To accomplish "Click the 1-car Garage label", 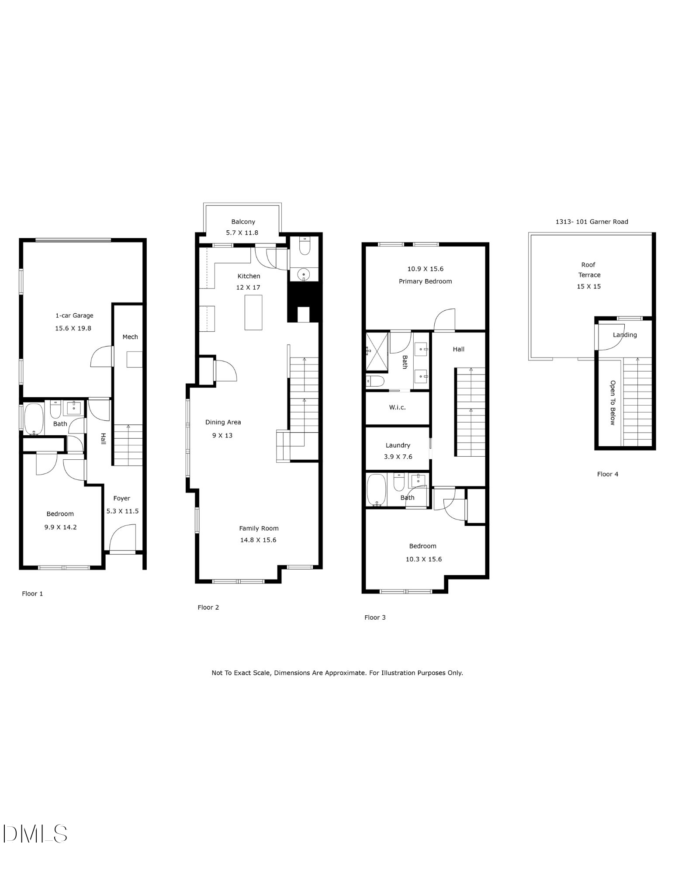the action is click(74, 316).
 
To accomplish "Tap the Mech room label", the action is click(130, 337).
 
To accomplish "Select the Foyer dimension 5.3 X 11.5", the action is click(122, 511).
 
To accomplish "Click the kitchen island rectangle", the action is click(253, 312).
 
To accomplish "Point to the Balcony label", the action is click(243, 222).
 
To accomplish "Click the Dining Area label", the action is click(223, 422).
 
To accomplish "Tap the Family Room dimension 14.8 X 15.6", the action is click(258, 540).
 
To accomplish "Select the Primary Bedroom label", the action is click(425, 281).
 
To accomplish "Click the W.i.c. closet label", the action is click(398, 407).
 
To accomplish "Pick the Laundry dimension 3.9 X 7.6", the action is click(398, 457).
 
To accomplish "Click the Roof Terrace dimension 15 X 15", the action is click(589, 287).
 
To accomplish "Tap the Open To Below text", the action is click(613, 402).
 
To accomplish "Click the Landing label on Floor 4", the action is click(625, 335).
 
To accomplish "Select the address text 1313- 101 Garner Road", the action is click(592, 222).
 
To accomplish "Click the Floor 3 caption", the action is click(375, 617).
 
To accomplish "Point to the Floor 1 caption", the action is click(32, 593).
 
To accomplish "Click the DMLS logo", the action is click(35, 833).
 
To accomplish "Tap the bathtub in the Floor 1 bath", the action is click(33, 419).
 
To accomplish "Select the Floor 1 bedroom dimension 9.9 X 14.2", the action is click(60, 527).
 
